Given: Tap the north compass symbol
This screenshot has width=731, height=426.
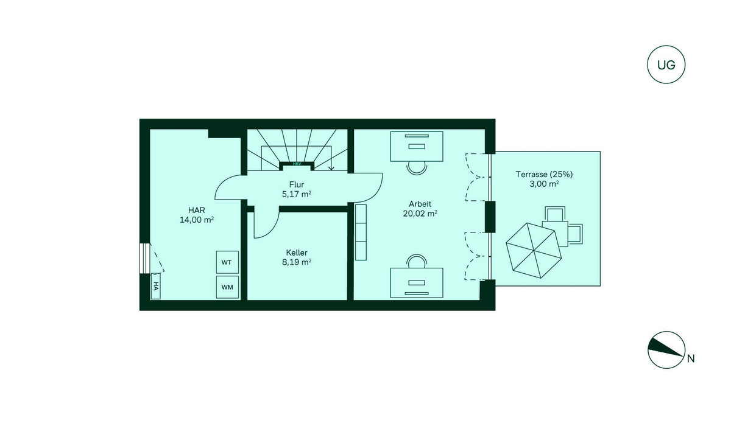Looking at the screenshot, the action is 666,350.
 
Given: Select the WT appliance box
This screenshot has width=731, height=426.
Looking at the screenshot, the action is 227,262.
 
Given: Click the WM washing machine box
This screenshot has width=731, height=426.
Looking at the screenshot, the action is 227,287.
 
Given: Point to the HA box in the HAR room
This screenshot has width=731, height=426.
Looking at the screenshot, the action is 155,286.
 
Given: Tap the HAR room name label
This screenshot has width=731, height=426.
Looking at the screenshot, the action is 196,210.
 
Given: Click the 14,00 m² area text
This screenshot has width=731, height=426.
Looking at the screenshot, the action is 196,220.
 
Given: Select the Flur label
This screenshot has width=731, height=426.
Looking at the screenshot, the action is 296,184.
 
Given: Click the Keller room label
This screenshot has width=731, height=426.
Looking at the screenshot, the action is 297,253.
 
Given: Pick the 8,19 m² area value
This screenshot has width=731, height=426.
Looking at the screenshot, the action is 296,262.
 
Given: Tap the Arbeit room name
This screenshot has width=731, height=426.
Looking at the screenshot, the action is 420,204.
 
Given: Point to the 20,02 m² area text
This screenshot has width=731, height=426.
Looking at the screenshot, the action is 420,214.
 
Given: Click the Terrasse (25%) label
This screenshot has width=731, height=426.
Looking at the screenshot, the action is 544,175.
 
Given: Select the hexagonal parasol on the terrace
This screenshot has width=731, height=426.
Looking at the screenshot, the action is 534,250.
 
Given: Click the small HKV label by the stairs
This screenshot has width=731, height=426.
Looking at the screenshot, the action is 297,164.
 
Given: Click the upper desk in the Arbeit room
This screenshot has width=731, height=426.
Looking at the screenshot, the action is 417,146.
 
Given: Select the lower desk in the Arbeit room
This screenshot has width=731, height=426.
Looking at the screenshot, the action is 417,283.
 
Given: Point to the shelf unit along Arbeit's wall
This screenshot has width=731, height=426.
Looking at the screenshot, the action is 361,232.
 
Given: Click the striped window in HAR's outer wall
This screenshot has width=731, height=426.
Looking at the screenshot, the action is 144,258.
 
